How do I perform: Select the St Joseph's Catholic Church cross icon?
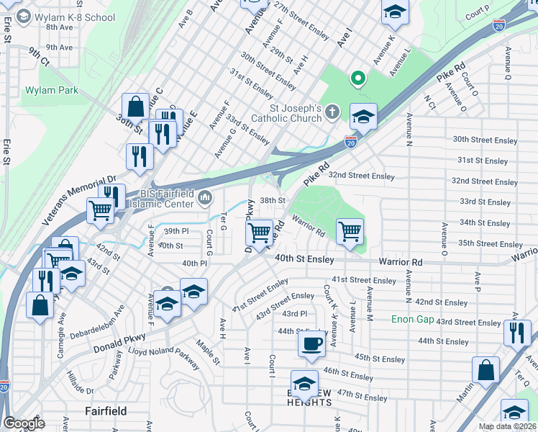coord(331,112)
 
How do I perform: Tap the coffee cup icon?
coord(311,344)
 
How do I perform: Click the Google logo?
coord(24,423)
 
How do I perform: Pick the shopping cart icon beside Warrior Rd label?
coord(350,232)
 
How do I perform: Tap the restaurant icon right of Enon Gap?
coord(516,332)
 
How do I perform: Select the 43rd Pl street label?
coord(294,314)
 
